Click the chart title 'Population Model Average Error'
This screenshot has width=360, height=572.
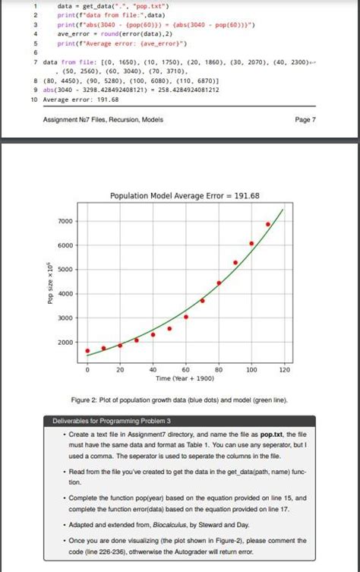[x=185, y=196]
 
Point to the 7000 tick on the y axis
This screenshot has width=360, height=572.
[x=65, y=221]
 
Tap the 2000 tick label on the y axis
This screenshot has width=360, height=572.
[x=65, y=343]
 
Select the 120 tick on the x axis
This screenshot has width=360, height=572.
[x=285, y=369]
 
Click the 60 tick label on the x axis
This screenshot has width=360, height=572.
[x=186, y=369]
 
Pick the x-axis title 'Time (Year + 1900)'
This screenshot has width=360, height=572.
[x=185, y=378]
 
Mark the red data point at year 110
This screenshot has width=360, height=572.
[x=268, y=224]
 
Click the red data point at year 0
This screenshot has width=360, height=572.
[x=87, y=351]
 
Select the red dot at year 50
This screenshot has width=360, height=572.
[x=169, y=328]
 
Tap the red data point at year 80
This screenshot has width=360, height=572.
[x=219, y=283]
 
